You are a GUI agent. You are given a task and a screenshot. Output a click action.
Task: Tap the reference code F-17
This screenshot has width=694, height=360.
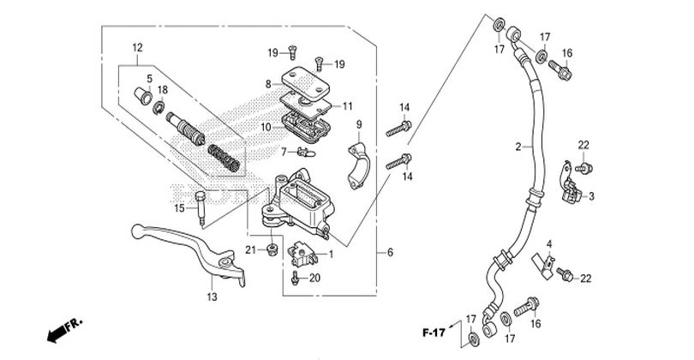[x=434, y=333]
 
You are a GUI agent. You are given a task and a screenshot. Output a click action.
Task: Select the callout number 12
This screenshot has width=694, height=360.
[x=137, y=47]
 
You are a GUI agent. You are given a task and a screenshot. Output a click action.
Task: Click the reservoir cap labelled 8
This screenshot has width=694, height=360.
[x=305, y=82]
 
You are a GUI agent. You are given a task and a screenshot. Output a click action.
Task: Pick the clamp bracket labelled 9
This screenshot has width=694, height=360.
[x=356, y=165]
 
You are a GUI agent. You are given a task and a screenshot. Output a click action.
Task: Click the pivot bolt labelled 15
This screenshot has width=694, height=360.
[x=201, y=209]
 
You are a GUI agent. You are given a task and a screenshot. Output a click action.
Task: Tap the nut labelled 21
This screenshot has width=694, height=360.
[x=272, y=249]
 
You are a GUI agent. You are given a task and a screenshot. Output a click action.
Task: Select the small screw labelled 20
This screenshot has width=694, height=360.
[x=296, y=279]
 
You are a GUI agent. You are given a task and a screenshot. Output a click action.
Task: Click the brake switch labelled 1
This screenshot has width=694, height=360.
[x=302, y=254]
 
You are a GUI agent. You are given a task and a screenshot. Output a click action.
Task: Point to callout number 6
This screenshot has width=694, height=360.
[x=390, y=252]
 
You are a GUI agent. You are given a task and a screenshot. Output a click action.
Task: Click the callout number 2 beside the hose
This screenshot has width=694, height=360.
[x=518, y=147]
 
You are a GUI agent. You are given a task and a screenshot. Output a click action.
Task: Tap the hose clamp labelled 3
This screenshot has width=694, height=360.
[x=571, y=186]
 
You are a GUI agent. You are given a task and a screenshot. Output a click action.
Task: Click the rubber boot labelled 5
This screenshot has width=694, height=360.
[x=143, y=95]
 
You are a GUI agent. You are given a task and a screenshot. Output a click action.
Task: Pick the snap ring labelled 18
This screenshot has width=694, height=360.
[x=159, y=108]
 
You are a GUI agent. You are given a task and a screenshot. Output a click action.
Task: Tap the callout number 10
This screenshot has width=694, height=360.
[x=266, y=128]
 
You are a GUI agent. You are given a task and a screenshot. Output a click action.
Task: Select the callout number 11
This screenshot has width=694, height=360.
[x=348, y=106]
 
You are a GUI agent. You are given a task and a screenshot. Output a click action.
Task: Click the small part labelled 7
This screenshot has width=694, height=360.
[x=306, y=153]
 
